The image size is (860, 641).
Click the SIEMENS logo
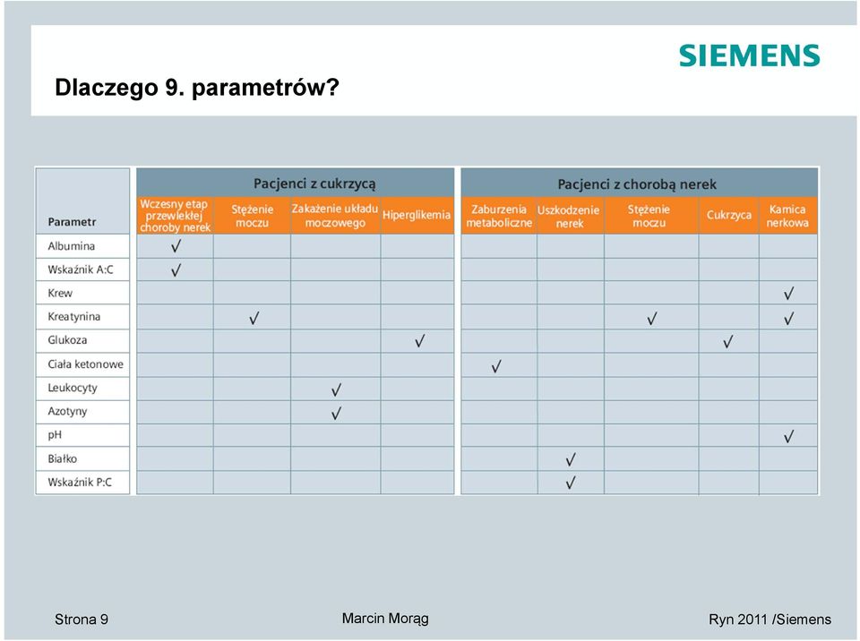pyautogui.click(x=749, y=56)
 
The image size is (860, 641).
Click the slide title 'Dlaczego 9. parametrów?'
pyautogui.click(x=197, y=88)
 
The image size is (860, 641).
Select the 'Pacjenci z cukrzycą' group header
pyautogui.click(x=314, y=184)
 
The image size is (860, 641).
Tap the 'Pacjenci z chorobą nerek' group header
pyautogui.click(x=637, y=184)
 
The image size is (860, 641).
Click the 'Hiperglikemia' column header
pyautogui.click(x=417, y=215)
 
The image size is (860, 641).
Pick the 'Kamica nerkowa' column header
pyautogui.click(x=787, y=216)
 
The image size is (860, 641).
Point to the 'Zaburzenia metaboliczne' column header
pyautogui.click(x=499, y=216)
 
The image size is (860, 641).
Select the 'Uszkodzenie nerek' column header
pyautogui.click(x=568, y=217)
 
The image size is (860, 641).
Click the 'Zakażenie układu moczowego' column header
pyautogui.click(x=334, y=216)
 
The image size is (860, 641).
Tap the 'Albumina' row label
pyautogui.click(x=72, y=246)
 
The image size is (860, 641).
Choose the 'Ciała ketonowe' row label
pyautogui.click(x=86, y=364)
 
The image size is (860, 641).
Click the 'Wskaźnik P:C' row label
pyautogui.click(x=80, y=483)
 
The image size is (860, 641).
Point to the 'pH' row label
pyautogui.click(x=55, y=435)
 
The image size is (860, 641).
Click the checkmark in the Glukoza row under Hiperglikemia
pyautogui.click(x=419, y=342)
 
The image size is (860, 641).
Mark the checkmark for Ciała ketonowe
pyautogui.click(x=495, y=366)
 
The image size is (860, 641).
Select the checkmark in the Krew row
pyautogui.click(x=788, y=294)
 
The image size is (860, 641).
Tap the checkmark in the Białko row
pyautogui.click(x=571, y=459)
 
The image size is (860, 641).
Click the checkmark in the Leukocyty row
pyautogui.click(x=336, y=389)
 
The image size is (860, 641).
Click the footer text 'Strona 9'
pyautogui.click(x=82, y=620)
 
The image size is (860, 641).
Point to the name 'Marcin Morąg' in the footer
pyautogui.click(x=385, y=620)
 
